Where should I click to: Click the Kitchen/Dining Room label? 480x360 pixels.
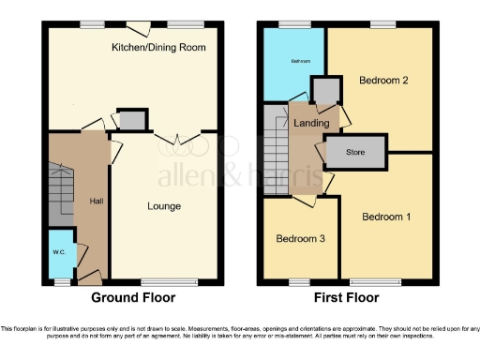[158, 47]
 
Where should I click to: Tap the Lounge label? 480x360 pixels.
[163, 206]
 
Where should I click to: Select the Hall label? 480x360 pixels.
[97, 201]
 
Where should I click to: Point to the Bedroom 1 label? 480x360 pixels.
[386, 217]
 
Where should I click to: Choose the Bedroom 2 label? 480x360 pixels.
[382, 81]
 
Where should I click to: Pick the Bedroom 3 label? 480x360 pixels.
[300, 239]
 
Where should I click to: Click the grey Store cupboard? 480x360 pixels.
[355, 152]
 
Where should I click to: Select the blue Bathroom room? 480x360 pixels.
[293, 63]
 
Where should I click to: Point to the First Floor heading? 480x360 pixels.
[347, 298]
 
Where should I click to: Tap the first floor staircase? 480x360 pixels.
[277, 150]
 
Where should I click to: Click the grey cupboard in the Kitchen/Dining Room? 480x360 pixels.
[132, 119]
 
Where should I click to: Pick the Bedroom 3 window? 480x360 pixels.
[299, 280]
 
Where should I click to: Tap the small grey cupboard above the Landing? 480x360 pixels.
[325, 90]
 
